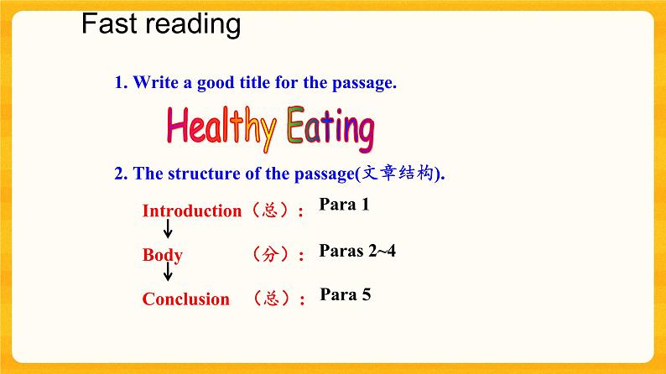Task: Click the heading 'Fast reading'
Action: click(x=161, y=24)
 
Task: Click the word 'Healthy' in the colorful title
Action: click(x=221, y=127)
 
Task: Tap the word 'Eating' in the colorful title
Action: click(x=329, y=127)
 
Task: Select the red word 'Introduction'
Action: click(x=191, y=211)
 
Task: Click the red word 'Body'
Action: click(x=162, y=255)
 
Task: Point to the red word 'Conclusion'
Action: click(x=185, y=299)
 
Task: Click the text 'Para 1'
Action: click(x=344, y=205)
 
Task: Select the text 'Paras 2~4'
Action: click(x=357, y=250)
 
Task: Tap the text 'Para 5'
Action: click(x=346, y=294)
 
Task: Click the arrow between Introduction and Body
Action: click(x=168, y=230)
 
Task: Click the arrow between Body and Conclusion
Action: click(x=168, y=273)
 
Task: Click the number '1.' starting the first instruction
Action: click(x=120, y=83)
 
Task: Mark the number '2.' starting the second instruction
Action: click(x=120, y=174)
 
